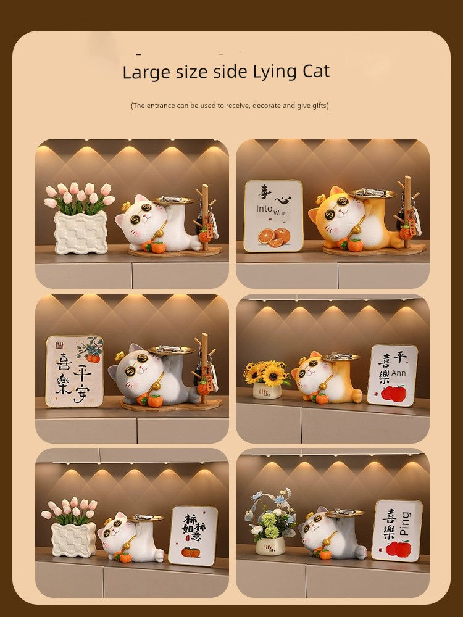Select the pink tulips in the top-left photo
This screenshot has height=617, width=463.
(79, 195)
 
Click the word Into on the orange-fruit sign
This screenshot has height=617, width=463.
(265, 209)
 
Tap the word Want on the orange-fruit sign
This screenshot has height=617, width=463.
(282, 213)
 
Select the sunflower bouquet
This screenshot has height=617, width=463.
(267, 373)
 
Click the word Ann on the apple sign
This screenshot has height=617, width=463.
(399, 372)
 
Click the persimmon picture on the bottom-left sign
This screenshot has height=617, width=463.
(191, 551)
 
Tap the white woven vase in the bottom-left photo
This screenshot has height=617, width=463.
(74, 539)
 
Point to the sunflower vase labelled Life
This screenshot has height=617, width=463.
(267, 391)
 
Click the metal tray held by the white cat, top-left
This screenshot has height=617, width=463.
(173, 200)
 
